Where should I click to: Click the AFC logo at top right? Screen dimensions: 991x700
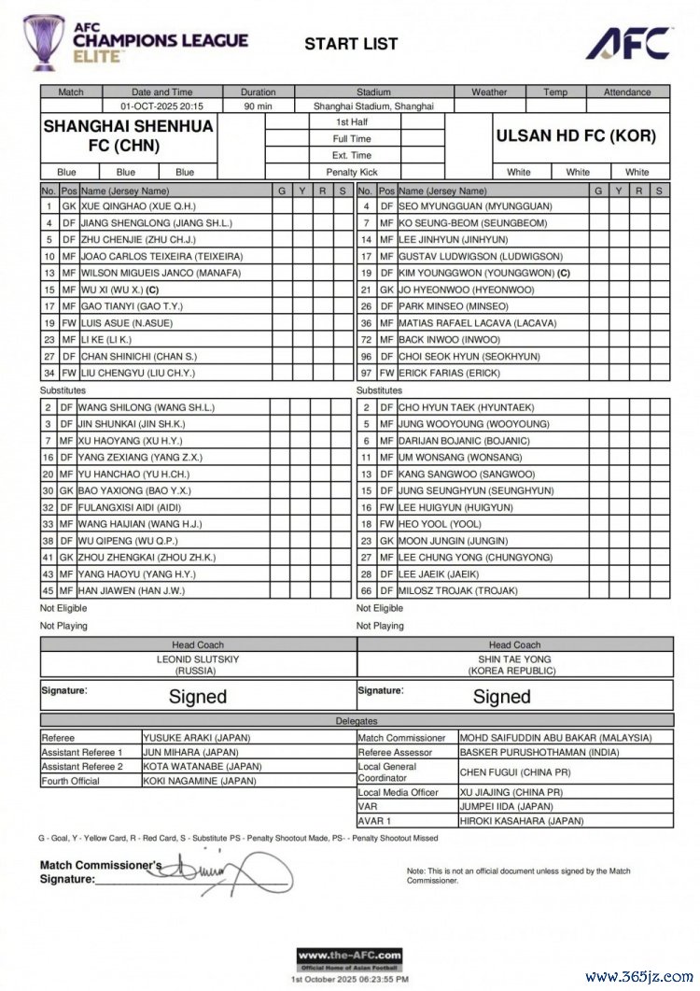(x=628, y=42)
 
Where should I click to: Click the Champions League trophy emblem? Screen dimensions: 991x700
(x=42, y=42)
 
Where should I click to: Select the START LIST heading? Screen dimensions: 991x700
(x=351, y=43)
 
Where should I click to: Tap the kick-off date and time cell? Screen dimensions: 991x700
(x=161, y=106)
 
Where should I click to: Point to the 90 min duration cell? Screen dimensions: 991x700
(x=258, y=106)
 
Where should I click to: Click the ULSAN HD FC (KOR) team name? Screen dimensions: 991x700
(x=575, y=135)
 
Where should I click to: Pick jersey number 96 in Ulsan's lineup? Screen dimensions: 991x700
(x=367, y=357)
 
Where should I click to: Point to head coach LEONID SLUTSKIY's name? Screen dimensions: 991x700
(x=198, y=658)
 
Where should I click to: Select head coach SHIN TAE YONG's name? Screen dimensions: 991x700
(x=514, y=658)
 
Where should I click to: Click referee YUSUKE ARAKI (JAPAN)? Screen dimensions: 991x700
(x=196, y=738)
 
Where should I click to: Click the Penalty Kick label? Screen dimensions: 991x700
(x=352, y=173)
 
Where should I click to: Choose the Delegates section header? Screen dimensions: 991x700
(x=356, y=722)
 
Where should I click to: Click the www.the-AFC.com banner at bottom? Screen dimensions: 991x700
(x=349, y=956)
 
